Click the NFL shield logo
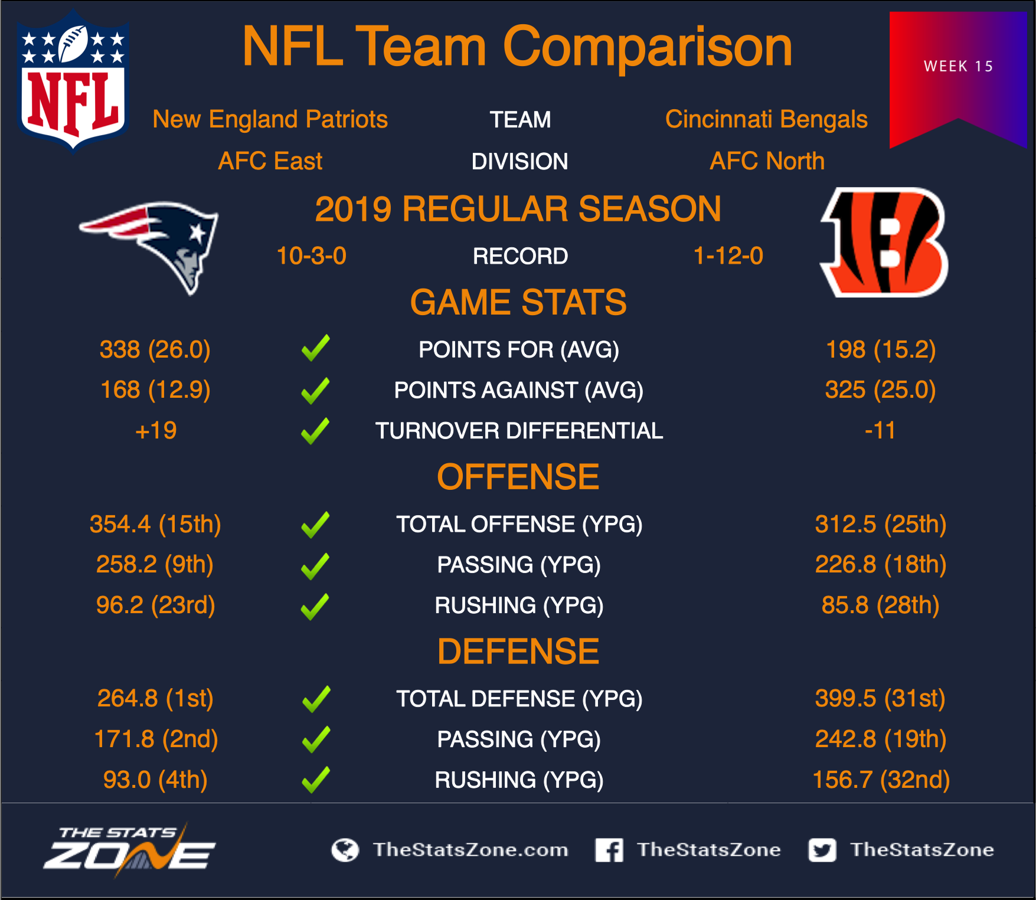pos(73,81)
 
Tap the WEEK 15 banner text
pos(959,66)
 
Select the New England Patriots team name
pos(270,119)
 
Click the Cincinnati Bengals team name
pos(766,119)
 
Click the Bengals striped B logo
pos(884,243)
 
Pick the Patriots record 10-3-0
pos(311,256)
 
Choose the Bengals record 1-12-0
pos(728,256)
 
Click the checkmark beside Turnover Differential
pos(316,431)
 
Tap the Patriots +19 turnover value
pos(156,431)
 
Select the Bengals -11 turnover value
pos(880,431)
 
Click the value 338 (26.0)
pos(155,349)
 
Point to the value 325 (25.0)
pos(880,390)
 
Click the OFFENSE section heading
pos(518,477)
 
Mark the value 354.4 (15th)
pos(155,524)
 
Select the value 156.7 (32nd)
pos(881,780)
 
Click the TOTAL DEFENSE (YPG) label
pos(519,699)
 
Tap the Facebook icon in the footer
pos(609,850)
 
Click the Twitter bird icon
pos(822,850)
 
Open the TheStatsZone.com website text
pos(470,850)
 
